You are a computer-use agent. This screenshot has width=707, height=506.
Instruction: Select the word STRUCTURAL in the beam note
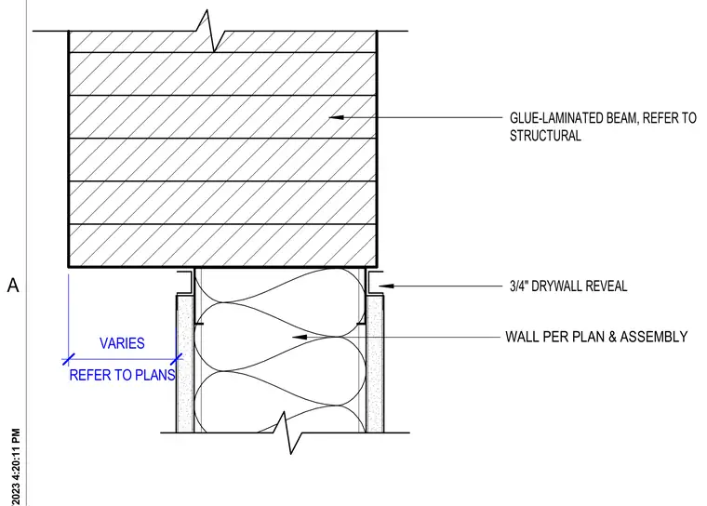click(545, 136)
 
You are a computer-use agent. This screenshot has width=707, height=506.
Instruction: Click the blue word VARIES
click(122, 343)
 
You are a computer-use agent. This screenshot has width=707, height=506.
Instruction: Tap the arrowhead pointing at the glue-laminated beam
click(337, 117)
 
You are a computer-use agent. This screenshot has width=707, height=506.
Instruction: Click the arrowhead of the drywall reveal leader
click(386, 286)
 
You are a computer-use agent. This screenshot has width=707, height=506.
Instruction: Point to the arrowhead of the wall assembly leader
click(300, 337)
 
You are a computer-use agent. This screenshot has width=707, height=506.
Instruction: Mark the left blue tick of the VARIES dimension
click(68, 360)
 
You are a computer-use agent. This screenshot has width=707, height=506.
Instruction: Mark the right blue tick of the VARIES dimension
click(177, 360)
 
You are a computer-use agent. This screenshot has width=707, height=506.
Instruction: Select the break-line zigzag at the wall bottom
click(287, 433)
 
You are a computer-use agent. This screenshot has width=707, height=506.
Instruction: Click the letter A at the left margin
click(13, 286)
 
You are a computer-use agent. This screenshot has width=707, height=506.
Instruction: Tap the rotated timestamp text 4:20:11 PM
click(16, 454)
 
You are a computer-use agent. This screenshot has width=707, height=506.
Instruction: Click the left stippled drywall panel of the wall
click(185, 364)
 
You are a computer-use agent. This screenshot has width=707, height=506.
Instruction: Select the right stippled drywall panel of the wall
click(375, 364)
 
